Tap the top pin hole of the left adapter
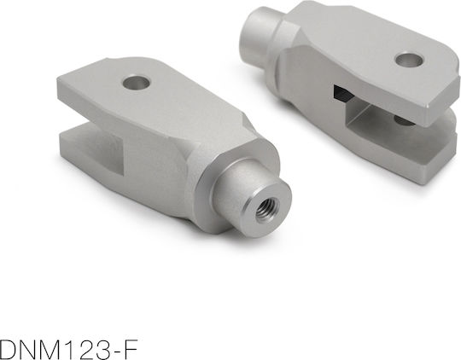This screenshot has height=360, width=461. pyautogui.click(x=137, y=83)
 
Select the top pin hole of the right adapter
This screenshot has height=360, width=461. pyautogui.click(x=409, y=60)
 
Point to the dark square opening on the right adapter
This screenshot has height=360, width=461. pyautogui.click(x=341, y=93)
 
